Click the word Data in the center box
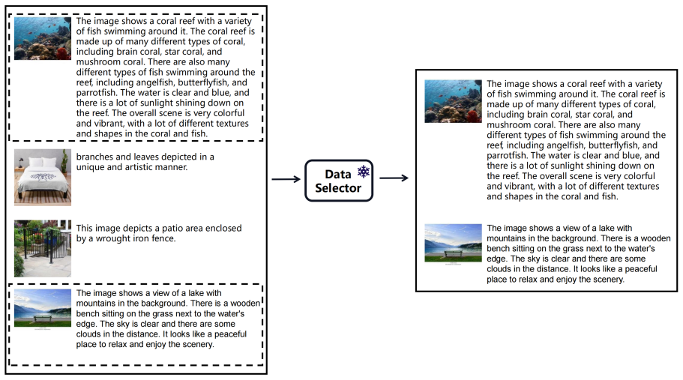tap(337, 174)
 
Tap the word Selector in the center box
tap(338, 188)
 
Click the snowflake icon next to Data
tap(364, 172)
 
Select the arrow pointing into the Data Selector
tap(286, 179)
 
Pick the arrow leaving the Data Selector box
tap(394, 178)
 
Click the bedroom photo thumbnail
tap(43, 177)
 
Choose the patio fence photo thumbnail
tap(43, 249)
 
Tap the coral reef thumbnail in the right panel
tap(453, 101)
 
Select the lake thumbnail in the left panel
tap(43, 308)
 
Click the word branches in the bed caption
tap(93, 157)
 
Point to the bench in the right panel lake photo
tap(453, 253)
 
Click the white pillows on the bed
tap(43, 163)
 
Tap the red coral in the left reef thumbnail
tap(63, 53)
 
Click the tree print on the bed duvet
tap(42, 177)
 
